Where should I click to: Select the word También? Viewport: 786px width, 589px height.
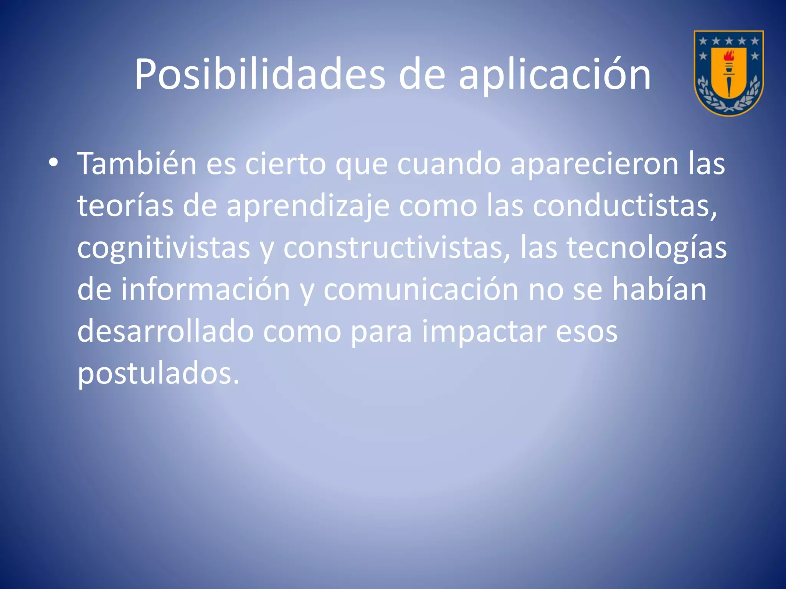click(137, 163)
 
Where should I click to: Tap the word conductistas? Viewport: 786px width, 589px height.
click(624, 206)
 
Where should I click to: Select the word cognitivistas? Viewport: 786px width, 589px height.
click(163, 248)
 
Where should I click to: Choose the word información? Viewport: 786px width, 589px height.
click(206, 289)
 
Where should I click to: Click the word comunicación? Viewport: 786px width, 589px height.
click(421, 289)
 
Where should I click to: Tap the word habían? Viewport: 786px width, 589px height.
click(659, 289)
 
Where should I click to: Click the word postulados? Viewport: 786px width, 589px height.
click(158, 373)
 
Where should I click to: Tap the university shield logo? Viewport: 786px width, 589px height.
click(728, 73)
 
